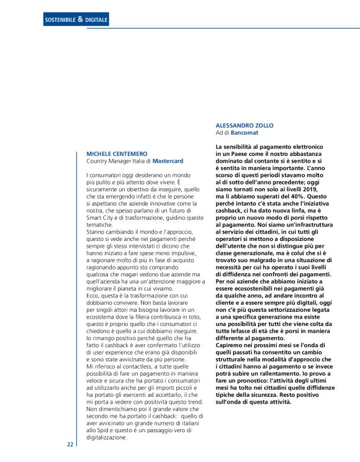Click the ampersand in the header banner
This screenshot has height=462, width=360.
click(x=81, y=20)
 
